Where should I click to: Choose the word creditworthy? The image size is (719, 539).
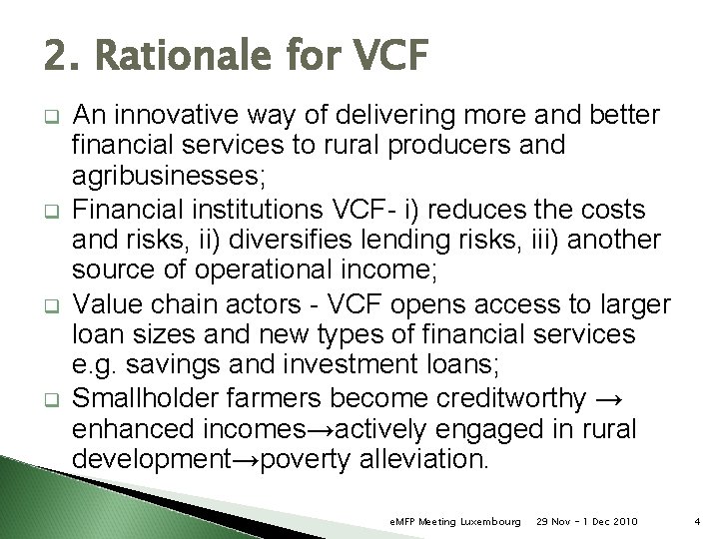click(x=510, y=398)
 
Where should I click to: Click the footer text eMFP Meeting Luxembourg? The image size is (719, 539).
click(x=454, y=521)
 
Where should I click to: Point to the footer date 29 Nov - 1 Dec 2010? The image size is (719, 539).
click(x=586, y=521)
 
